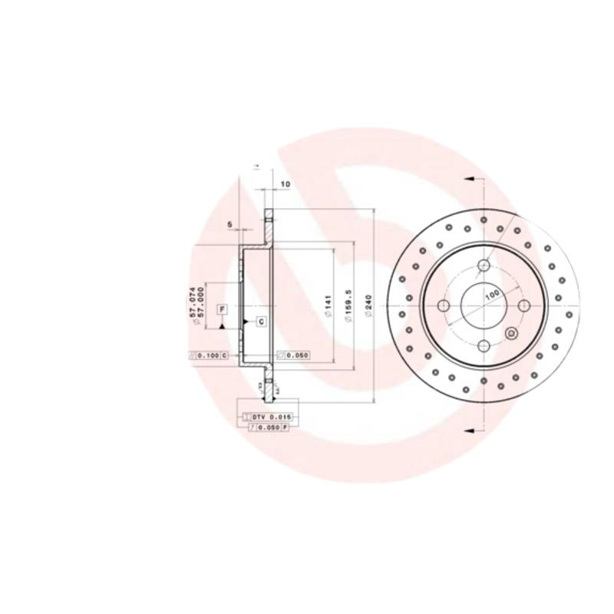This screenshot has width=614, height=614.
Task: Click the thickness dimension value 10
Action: point(285,184)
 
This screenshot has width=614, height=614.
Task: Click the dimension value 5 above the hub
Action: point(229,224)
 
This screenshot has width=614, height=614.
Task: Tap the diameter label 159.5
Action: point(348,306)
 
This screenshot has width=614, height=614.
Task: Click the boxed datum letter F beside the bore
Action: point(222,309)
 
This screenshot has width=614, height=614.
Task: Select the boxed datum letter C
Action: point(260,321)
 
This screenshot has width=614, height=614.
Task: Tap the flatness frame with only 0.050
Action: point(292,355)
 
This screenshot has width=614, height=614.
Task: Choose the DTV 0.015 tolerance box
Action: point(269,415)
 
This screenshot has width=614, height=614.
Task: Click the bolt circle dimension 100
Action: point(491,294)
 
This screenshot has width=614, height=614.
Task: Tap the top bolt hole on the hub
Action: point(484,266)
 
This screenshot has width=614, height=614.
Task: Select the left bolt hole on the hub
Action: point(444,305)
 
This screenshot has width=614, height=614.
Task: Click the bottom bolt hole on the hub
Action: point(484,346)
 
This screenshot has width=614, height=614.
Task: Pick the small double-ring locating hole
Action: point(523,305)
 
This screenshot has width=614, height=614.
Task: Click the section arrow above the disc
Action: point(470,180)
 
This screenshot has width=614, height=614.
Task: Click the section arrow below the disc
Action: point(470,430)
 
